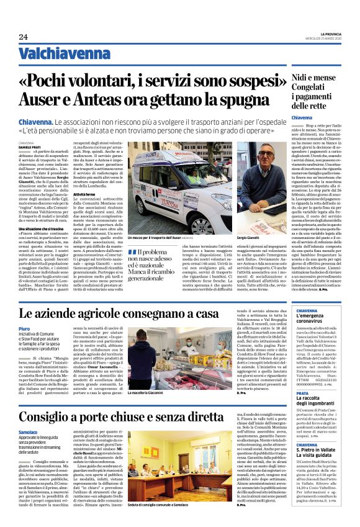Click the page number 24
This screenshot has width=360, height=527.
click(23, 37)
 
